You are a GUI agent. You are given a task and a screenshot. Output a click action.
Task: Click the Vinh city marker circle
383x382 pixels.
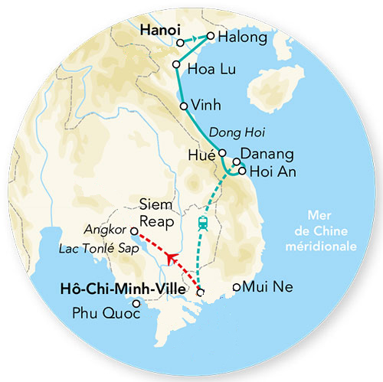pyautogui.click(x=183, y=106)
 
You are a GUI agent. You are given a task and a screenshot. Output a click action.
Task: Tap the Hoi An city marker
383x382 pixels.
pyautogui.click(x=242, y=171)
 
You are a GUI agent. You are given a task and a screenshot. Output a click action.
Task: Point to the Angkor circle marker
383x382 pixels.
pyautogui.click(x=133, y=230)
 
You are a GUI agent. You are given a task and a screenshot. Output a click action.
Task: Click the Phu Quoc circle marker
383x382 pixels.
pyautogui.click(x=137, y=303)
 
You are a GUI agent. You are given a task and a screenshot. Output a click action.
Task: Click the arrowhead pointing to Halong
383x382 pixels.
pyautogui.click(x=210, y=36)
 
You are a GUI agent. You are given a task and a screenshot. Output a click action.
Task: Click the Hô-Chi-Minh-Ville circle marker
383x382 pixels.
pyautogui.click(x=201, y=292)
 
